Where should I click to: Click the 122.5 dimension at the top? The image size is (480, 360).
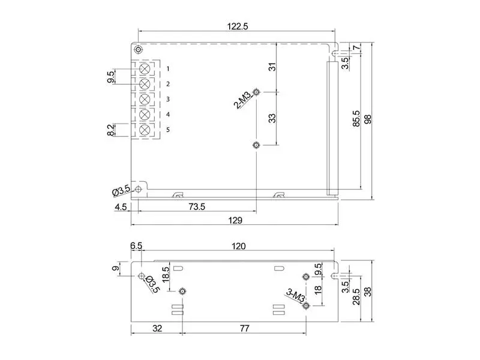click(238, 26)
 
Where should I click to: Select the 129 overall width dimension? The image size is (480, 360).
click(235, 220)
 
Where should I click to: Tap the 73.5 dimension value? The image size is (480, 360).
click(197, 207)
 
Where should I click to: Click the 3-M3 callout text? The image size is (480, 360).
click(295, 295)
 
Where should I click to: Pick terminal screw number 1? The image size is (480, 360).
click(144, 69)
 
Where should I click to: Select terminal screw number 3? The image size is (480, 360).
click(144, 99)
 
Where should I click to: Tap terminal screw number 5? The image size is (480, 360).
click(144, 130)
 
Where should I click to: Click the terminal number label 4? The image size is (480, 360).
click(168, 115)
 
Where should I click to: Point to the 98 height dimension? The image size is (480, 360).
click(368, 119)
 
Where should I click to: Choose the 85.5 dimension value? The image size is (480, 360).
click(356, 119)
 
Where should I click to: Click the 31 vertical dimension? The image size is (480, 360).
click(272, 67)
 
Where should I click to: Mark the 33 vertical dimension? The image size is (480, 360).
click(272, 118)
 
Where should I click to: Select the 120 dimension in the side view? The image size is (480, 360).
click(238, 246)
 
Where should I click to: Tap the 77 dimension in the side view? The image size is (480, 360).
click(244, 328)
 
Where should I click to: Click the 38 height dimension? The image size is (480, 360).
click(368, 292)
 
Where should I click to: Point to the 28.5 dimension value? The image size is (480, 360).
click(356, 296)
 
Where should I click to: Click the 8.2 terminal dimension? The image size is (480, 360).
click(111, 130)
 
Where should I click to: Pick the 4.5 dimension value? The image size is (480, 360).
click(121, 207)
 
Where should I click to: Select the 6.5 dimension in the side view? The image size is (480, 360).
click(136, 246)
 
